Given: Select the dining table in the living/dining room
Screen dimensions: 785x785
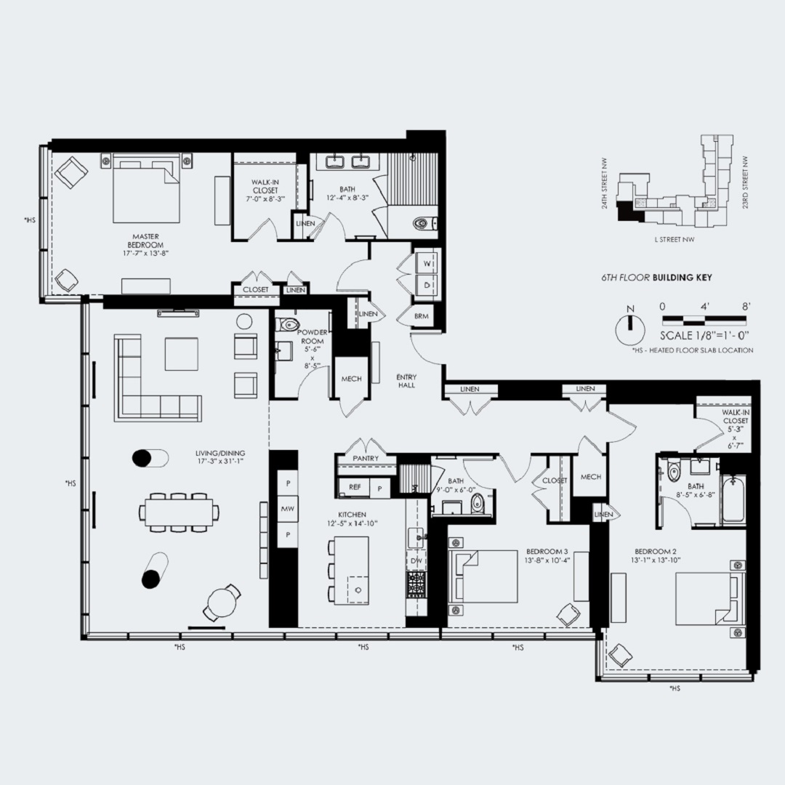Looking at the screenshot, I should pos(178,512).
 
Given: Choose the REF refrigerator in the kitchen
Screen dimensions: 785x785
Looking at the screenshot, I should pos(355,487).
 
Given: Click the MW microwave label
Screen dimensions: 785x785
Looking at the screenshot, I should pos(288,510).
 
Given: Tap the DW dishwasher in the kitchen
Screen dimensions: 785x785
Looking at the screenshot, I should pos(416,560).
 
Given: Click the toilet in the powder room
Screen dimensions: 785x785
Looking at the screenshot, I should pos(291,325).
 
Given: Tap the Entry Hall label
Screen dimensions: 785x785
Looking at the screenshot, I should pos(406,381).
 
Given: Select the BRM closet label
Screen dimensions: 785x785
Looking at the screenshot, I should pos(421,317).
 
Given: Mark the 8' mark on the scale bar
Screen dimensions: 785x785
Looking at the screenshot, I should pos(746,307).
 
